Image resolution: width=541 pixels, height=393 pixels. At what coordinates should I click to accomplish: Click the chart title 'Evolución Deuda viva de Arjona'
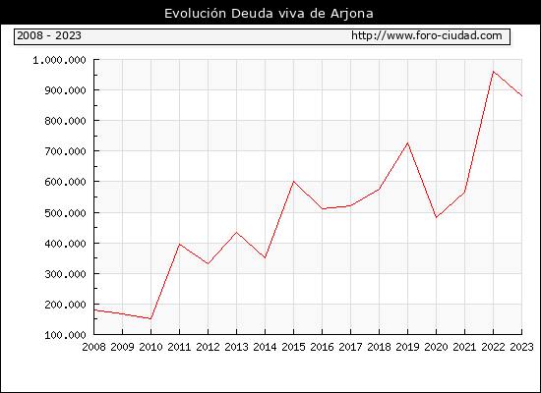pos(269,14)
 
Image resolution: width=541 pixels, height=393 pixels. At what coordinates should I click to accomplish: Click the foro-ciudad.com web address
pos(427,35)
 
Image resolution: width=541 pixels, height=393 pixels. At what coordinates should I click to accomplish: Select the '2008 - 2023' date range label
pos(49,35)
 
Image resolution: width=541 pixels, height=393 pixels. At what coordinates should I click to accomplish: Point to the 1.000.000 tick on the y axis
pos(59,60)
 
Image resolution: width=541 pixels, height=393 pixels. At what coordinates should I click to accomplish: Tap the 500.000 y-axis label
pos(65,213)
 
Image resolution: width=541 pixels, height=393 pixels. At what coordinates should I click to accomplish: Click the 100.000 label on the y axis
pos(65,335)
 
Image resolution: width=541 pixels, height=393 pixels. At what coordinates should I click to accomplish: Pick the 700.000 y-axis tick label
pos(65,151)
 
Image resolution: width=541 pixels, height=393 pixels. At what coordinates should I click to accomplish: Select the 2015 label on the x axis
pos(294,347)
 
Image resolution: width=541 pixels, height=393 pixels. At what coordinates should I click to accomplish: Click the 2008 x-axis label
pos(93,347)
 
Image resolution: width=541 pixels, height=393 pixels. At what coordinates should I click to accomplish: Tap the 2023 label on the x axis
pos(521,347)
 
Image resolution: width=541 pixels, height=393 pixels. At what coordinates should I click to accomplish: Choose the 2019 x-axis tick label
pos(407,347)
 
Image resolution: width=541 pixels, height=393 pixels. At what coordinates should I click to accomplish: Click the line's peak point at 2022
pos(494,72)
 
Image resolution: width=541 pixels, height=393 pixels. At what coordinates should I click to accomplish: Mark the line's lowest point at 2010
pos(150,319)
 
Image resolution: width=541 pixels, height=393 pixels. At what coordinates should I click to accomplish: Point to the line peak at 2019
pos(407,143)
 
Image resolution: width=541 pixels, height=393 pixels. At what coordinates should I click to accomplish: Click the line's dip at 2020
pos(436,217)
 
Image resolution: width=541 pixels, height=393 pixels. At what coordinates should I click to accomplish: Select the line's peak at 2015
pos(294,182)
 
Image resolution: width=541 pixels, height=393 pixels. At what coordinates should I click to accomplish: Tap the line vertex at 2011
pos(179,244)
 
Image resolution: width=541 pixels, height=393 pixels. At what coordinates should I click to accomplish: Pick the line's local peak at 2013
pos(236,232)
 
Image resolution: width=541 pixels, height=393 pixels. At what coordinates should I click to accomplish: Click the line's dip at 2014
pos(265,257)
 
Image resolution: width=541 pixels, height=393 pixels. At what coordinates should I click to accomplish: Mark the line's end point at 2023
pos(521,96)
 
